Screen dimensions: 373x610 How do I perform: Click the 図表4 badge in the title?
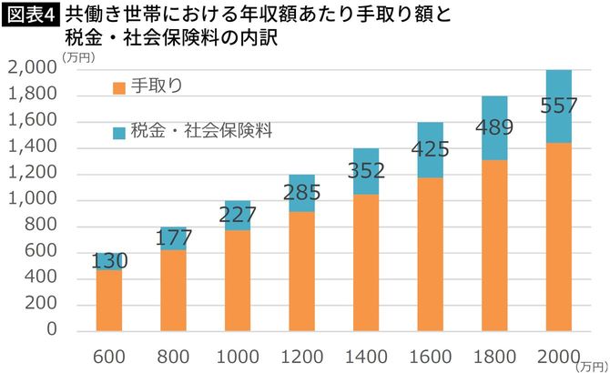click(x=30, y=15)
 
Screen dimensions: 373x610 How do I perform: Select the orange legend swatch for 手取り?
click(x=117, y=87)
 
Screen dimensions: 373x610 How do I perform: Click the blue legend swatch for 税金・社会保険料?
click(x=117, y=131)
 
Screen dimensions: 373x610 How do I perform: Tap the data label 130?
click(x=109, y=261)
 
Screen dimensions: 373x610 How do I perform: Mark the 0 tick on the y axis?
click(x=51, y=330)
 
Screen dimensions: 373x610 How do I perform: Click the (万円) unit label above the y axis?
click(x=76, y=57)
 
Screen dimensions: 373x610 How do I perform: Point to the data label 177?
click(x=174, y=239)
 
